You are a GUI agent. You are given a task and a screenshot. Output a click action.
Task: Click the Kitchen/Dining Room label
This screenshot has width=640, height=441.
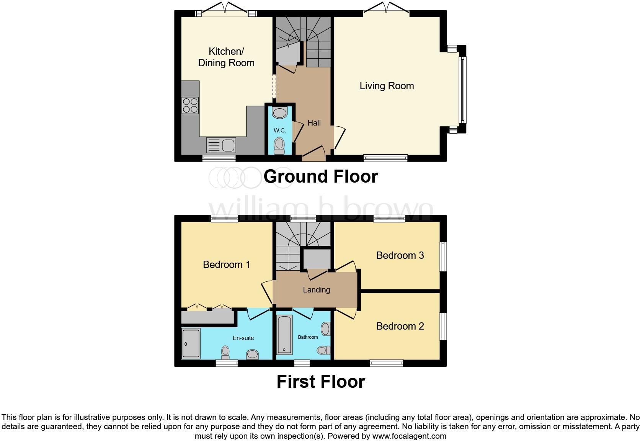click(x=226, y=57)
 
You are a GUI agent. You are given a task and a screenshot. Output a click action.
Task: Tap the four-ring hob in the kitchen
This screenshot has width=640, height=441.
click(x=190, y=105)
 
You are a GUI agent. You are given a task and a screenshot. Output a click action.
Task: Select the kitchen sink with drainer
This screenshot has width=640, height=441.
click(x=221, y=145)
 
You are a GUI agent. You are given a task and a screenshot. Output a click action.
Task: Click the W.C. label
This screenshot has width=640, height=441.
click(x=280, y=131)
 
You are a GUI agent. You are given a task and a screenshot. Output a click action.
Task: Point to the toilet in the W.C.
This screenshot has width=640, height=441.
click(x=280, y=145)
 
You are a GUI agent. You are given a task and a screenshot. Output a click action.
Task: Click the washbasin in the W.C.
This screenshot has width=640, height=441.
click(x=280, y=113)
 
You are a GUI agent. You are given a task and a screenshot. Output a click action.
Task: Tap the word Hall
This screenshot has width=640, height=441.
click(x=314, y=123)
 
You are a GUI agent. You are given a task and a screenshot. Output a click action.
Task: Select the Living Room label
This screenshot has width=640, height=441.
click(x=387, y=86)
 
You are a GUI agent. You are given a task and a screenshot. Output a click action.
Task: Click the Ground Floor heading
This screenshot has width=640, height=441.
click(x=321, y=176)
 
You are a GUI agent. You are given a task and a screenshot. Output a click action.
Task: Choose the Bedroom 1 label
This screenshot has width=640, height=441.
click(x=226, y=265)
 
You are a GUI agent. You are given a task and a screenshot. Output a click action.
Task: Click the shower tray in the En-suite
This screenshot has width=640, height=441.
click(x=191, y=343)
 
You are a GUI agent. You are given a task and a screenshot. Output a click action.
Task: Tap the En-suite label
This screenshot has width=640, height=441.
click(x=243, y=338)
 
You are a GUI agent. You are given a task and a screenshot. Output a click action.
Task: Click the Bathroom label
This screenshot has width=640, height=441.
click(x=308, y=337)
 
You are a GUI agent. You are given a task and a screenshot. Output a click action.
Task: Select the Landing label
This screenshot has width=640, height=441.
click(x=316, y=290)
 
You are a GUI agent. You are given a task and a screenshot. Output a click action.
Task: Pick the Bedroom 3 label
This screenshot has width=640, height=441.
click(x=400, y=255)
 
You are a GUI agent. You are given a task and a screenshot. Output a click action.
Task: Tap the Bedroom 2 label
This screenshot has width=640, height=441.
click(x=400, y=326)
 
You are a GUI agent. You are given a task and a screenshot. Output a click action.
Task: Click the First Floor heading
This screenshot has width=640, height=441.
click(x=321, y=382)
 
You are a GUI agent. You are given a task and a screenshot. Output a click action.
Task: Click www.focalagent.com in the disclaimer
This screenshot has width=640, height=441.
click(x=409, y=436)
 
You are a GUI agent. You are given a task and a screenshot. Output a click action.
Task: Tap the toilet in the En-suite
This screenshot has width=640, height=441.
click(x=225, y=352)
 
